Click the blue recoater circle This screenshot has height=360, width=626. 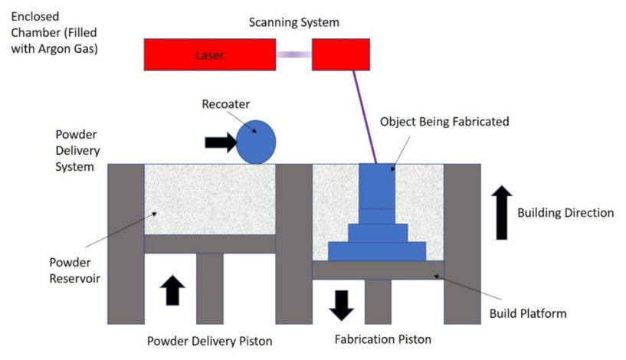(256, 142)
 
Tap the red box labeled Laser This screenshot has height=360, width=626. (210, 54)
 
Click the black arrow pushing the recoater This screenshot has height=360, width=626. (221, 142)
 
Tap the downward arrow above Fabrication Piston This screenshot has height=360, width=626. (341, 303)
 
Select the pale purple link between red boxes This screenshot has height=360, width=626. (293, 54)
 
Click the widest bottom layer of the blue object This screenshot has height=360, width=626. (377, 251)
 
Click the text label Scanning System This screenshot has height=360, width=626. (294, 22)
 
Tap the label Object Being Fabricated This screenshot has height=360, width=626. (444, 121)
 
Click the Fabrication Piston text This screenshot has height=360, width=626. (383, 339)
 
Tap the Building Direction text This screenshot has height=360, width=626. (565, 213)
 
